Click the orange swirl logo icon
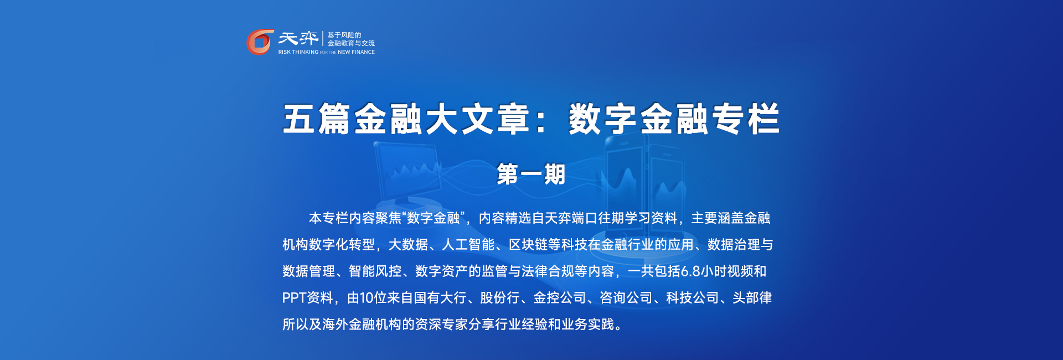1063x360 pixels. (x=260, y=42)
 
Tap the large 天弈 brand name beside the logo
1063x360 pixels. (x=298, y=38)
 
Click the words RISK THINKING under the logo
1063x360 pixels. (x=298, y=52)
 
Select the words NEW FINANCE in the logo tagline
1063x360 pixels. (x=356, y=52)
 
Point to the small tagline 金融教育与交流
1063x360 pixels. (x=351, y=43)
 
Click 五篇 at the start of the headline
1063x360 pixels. (x=316, y=119)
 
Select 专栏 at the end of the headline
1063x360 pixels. (x=746, y=119)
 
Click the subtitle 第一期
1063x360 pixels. (x=531, y=174)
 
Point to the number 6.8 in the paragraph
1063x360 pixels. (x=690, y=271)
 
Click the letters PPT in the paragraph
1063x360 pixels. (x=294, y=298)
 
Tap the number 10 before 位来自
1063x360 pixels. (x=367, y=298)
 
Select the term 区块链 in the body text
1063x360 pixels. (x=529, y=245)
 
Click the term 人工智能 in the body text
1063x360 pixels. (x=468, y=245)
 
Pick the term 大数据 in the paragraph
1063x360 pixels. (x=409, y=245)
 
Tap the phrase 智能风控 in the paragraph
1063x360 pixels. (x=375, y=271)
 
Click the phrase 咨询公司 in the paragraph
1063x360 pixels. (x=626, y=298)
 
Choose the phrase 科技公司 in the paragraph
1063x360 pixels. (x=693, y=298)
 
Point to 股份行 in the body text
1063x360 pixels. (x=500, y=298)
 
